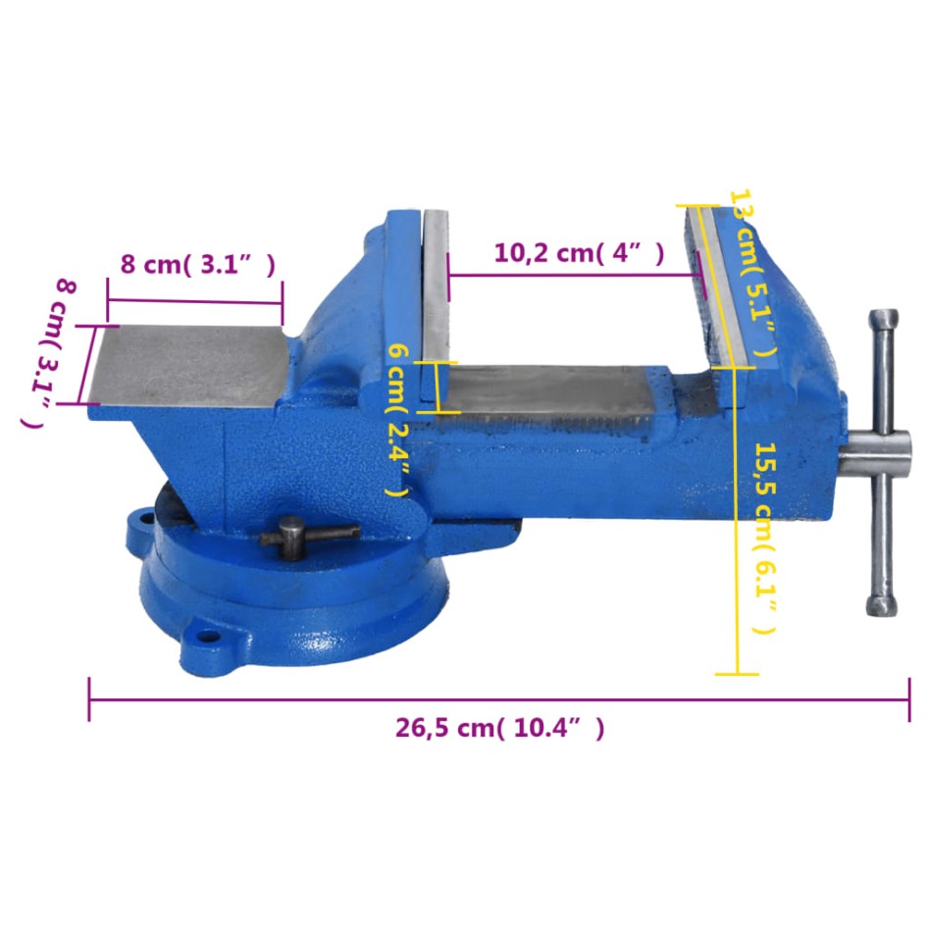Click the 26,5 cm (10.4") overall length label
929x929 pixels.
(x=499, y=728)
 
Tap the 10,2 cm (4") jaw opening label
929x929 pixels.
(x=579, y=253)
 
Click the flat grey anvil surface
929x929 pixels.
(x=186, y=363)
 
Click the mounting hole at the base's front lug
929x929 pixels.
(x=207, y=636)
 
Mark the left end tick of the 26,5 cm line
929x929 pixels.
(x=89, y=698)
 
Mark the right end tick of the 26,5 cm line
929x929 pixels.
(x=908, y=698)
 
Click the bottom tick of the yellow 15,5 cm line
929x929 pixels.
(x=736, y=674)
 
